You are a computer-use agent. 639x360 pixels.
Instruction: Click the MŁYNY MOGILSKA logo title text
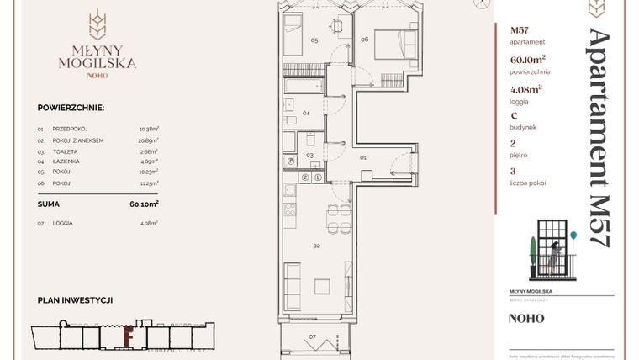[97, 56]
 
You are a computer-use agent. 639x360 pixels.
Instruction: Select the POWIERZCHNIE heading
[71, 108]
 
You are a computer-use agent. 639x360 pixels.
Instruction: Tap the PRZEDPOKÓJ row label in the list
[71, 129]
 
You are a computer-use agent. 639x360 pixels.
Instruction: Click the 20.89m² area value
[149, 140]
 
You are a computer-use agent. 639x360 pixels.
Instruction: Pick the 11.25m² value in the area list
[149, 182]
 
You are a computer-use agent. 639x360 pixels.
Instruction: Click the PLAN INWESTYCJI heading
[76, 299]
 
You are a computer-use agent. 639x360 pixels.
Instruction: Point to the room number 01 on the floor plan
[363, 156]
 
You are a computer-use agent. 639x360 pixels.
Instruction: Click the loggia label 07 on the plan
[313, 337]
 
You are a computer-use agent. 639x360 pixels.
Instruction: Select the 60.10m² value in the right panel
[527, 59]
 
